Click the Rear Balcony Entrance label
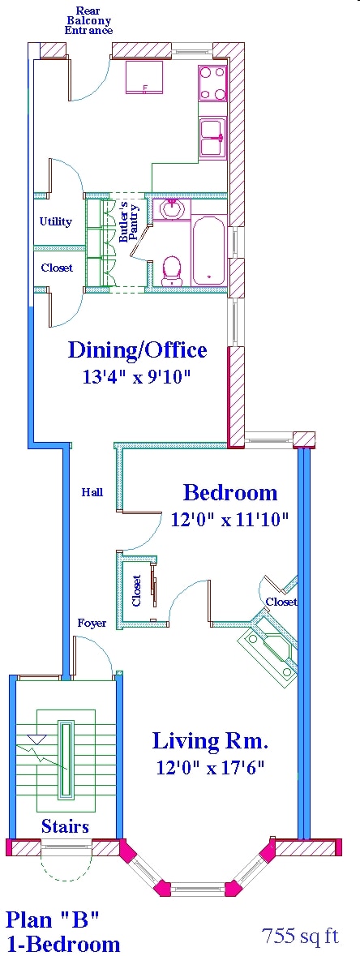[88, 20]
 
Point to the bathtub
[209, 250]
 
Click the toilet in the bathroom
[172, 271]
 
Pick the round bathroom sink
[172, 210]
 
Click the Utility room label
[56, 221]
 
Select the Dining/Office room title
[137, 350]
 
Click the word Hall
[92, 492]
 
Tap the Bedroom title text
[230, 492]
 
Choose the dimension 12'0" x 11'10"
[230, 519]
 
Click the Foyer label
[92, 623]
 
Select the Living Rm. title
[210, 740]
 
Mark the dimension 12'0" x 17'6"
[210, 767]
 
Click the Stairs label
[65, 826]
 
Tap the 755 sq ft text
[300, 936]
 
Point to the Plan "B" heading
[53, 920]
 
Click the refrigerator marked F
[145, 79]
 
